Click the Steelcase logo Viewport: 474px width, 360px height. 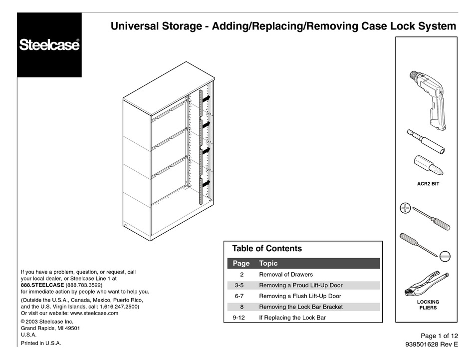49,45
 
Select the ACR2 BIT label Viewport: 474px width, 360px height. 428,184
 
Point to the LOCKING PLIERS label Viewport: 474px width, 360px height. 428,305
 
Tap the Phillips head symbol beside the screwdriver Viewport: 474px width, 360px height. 405,209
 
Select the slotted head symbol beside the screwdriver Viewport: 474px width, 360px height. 446,254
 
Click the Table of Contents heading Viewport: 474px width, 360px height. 267,249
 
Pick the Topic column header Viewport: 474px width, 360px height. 268,263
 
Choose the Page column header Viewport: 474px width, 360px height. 241,263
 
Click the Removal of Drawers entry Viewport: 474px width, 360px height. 286,275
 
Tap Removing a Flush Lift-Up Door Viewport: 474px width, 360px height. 300,296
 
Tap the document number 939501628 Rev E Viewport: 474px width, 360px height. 431,345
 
